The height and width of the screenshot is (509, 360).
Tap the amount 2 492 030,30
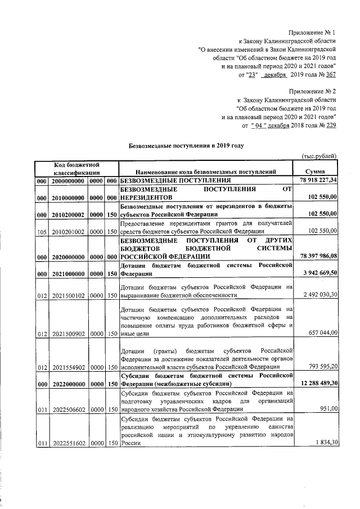click(x=318, y=295)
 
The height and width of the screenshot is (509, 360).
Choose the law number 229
click(x=331, y=125)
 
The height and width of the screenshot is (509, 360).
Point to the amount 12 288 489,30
click(x=317, y=384)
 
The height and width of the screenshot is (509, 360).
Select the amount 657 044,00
click(x=321, y=333)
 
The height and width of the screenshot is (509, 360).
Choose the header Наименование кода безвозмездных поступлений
click(x=205, y=171)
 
